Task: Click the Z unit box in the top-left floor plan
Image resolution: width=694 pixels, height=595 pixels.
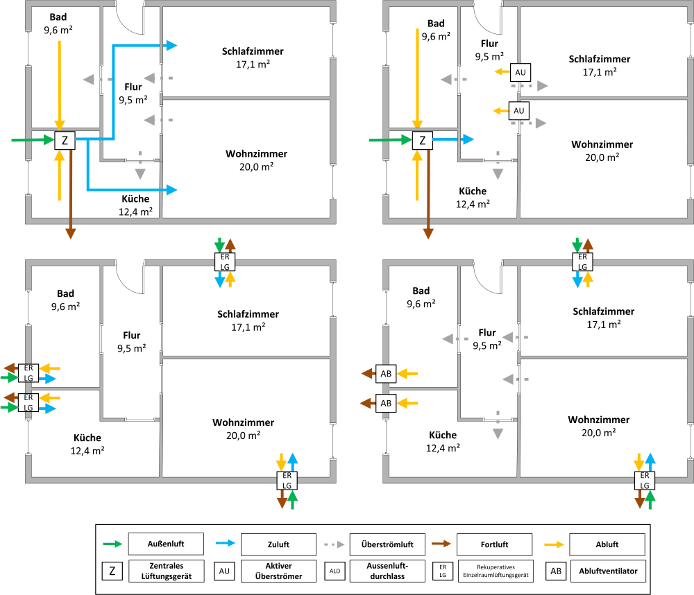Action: pos(65,141)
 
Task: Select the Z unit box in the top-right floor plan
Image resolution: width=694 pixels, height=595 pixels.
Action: pos(423,141)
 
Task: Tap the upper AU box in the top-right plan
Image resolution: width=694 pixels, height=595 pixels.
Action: pos(520,71)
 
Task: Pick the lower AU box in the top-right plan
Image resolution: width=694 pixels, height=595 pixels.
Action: pos(520,110)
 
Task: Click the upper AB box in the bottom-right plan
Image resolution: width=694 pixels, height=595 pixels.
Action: pos(387,374)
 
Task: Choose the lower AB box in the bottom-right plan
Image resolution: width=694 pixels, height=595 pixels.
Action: pos(387,403)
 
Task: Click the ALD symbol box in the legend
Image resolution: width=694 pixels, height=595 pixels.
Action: pos(335,571)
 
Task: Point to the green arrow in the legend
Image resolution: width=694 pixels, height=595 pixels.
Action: pos(112,544)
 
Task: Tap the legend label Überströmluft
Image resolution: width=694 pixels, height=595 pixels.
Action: pos(386,544)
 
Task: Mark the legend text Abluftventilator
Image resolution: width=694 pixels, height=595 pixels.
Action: pos(608,571)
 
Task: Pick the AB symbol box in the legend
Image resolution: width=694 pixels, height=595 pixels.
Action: pos(555,571)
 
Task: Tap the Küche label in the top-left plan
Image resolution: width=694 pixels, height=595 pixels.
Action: pos(135,199)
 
